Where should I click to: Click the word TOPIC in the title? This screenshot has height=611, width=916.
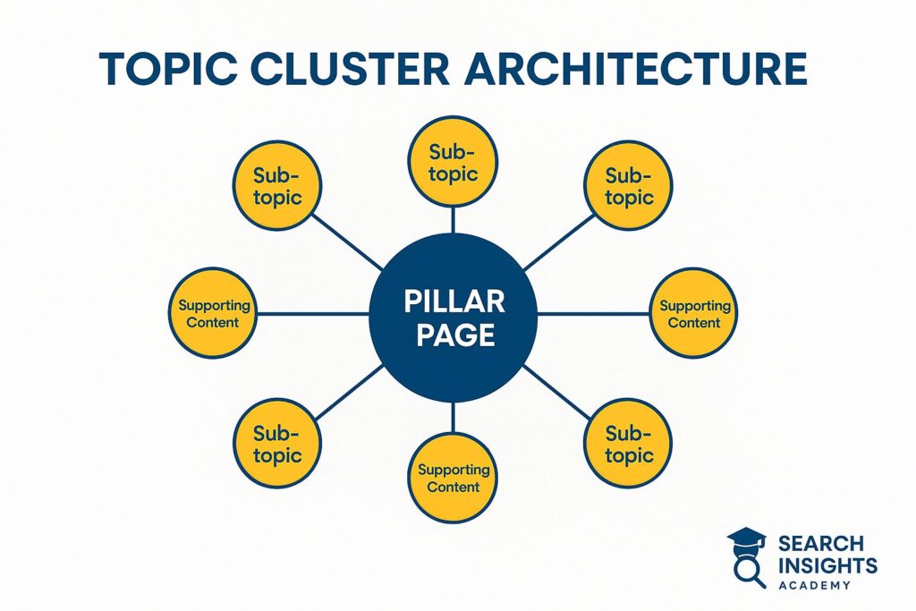168,68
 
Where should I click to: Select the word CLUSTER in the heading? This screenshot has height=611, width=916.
350,68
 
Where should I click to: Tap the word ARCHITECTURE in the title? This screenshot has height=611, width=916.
636,68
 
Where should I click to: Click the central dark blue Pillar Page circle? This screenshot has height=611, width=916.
453,318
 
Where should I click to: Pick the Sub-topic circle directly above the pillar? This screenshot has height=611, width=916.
453,162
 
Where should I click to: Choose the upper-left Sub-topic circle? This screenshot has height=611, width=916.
277,186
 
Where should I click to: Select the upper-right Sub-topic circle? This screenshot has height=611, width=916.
628,186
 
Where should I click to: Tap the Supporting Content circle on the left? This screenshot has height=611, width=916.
213,313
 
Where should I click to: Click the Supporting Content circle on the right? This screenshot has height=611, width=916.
693,313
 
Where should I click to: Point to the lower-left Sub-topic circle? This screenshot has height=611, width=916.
277,444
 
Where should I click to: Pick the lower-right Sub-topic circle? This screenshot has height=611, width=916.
628,444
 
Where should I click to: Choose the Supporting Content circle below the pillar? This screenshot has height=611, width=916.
453,478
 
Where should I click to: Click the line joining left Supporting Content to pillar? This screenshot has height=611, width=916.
313,314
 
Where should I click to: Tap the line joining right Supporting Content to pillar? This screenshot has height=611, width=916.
593,314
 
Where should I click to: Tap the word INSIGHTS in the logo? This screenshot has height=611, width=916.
827,565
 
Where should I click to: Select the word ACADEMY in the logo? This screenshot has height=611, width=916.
814,585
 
